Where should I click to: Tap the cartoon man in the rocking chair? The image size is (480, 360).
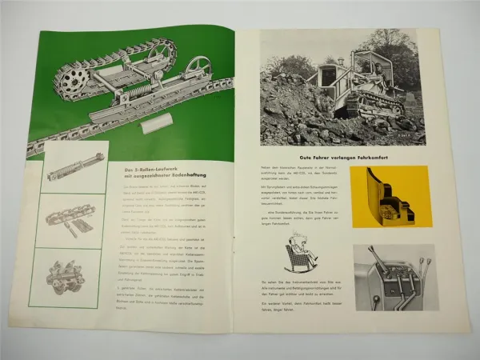[302, 256]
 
